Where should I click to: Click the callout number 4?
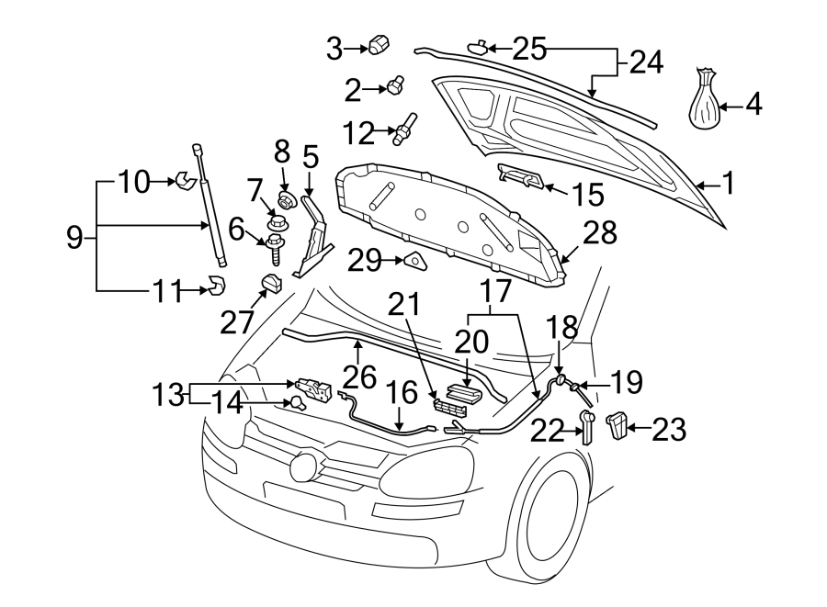coord(753,105)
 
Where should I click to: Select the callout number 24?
coord(645,62)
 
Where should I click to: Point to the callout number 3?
coord(334,47)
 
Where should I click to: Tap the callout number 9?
coord(75,239)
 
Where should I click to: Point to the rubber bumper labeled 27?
coord(270,285)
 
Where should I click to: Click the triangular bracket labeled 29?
coord(416,263)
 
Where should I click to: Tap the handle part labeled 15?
coord(522,176)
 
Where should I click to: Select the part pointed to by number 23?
coord(617,424)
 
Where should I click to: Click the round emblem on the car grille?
coord(302,466)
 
